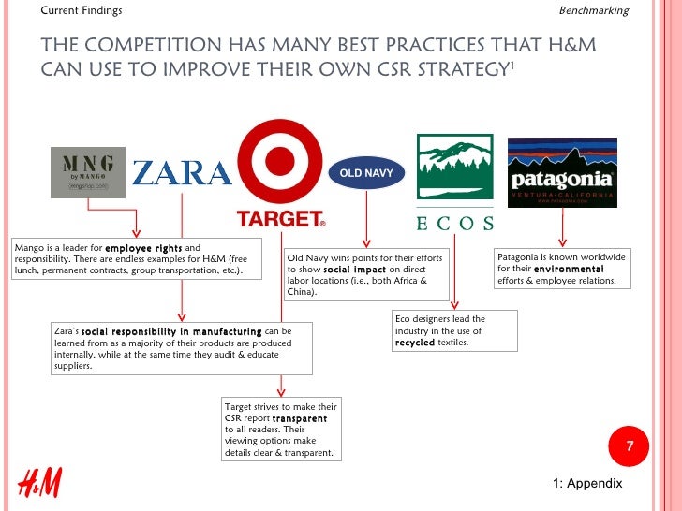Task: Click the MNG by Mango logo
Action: (x=87, y=171)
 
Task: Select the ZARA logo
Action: (x=182, y=173)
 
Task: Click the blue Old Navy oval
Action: (x=365, y=173)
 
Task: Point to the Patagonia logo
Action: (x=562, y=173)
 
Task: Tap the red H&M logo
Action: (x=39, y=483)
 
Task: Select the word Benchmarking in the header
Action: (x=593, y=10)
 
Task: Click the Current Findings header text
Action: (x=82, y=10)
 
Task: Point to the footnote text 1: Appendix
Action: (x=587, y=484)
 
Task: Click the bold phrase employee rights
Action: (x=143, y=248)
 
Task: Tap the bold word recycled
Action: (x=415, y=343)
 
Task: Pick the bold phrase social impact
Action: (x=350, y=269)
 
